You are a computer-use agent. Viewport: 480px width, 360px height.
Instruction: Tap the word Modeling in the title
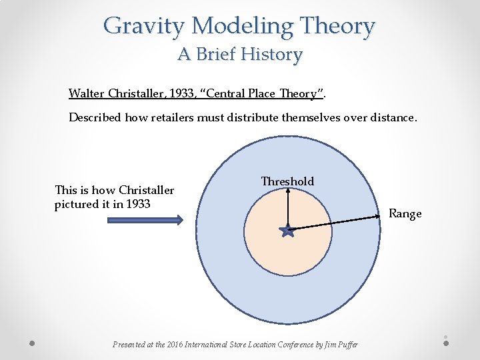(x=241, y=27)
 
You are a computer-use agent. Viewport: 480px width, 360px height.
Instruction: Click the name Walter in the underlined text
(x=87, y=93)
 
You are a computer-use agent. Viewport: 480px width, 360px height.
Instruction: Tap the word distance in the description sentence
(x=391, y=117)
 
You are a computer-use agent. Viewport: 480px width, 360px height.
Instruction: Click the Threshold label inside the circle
(x=287, y=181)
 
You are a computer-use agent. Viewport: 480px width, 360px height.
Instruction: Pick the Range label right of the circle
(x=405, y=213)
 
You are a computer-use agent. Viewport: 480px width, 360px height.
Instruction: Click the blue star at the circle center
(x=287, y=231)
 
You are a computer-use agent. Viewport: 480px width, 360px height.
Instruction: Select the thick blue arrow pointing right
(x=143, y=221)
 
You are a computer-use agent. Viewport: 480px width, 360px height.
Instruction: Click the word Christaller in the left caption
(x=146, y=191)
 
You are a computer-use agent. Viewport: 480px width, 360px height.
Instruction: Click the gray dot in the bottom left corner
(x=32, y=343)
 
